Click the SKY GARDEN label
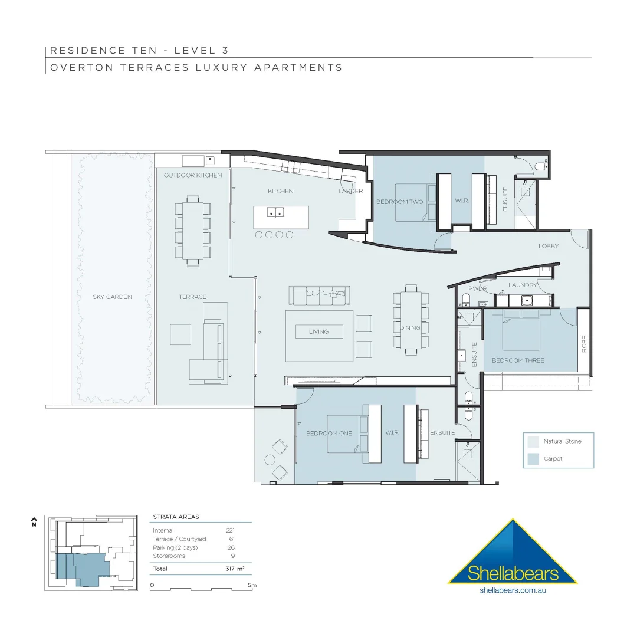click(x=112, y=297)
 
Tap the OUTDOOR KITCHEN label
click(x=193, y=175)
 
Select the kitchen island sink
click(x=275, y=212)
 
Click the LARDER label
click(x=350, y=191)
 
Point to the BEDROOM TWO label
click(x=400, y=202)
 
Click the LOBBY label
click(x=548, y=246)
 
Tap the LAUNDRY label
click(x=523, y=285)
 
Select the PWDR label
click(x=478, y=289)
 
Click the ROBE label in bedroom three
click(x=584, y=344)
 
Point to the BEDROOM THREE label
click(x=518, y=360)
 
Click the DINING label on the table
click(x=410, y=328)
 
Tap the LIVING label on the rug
click(x=318, y=332)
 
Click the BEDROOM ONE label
click(x=329, y=434)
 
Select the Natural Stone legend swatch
click(x=533, y=441)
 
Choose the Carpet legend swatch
click(x=533, y=458)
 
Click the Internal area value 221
click(x=230, y=530)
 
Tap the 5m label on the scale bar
click(x=252, y=585)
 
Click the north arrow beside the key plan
click(x=34, y=521)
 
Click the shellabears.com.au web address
click(x=512, y=590)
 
